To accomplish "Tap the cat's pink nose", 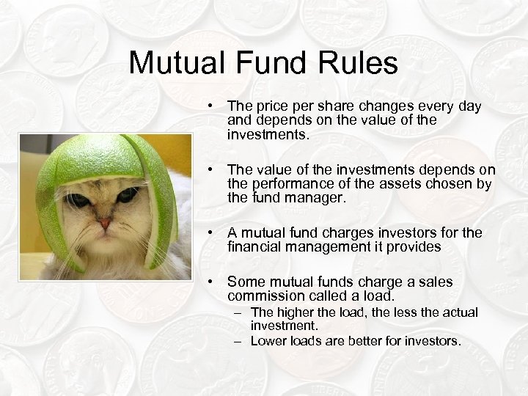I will coord(106,222).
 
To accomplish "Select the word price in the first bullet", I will coord(271,106).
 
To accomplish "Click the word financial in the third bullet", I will coord(256,247).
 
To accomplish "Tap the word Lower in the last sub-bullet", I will coord(268,341).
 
